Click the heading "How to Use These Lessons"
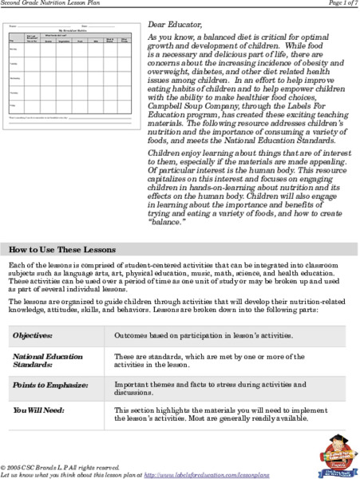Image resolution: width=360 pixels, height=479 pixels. (62, 227)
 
